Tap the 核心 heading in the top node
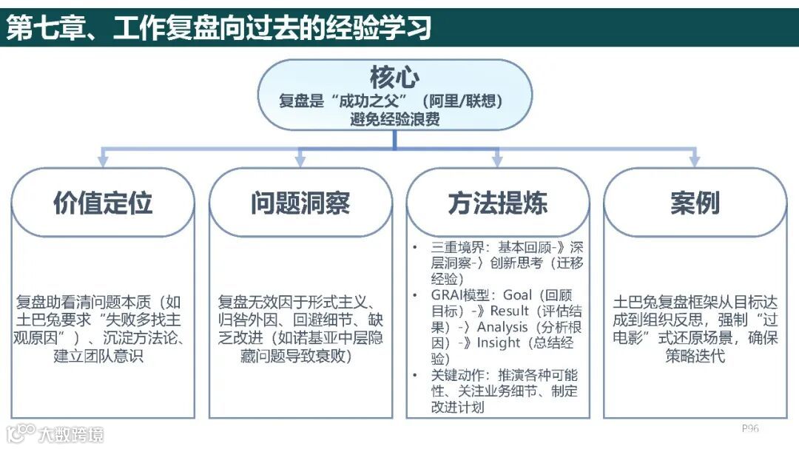[x=394, y=77]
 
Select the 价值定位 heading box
[x=103, y=203]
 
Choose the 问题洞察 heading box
[x=300, y=203]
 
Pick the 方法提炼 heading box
[x=498, y=203]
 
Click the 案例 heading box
[x=695, y=203]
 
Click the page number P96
[x=750, y=428]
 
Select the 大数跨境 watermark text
[x=72, y=434]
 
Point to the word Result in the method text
[x=510, y=311]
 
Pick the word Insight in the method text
[x=499, y=343]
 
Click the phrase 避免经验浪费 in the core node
[x=394, y=118]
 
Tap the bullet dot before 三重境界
[x=415, y=247]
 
